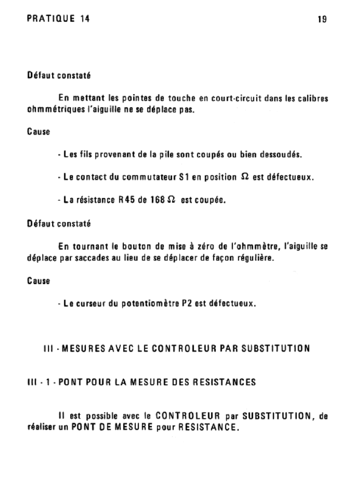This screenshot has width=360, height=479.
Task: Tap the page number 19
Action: tap(322, 20)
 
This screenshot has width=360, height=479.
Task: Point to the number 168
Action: tap(157, 200)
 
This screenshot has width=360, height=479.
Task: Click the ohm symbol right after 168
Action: tap(172, 200)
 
